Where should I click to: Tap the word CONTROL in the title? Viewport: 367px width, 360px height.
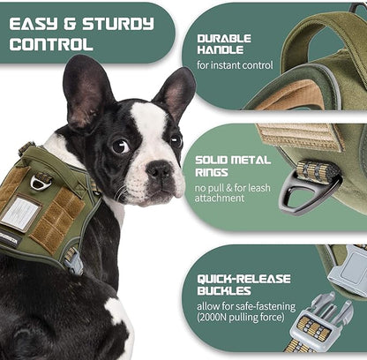coord(50,43)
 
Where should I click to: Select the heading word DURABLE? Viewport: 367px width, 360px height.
coord(224,39)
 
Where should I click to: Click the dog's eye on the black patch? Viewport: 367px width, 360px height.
coord(121,146)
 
